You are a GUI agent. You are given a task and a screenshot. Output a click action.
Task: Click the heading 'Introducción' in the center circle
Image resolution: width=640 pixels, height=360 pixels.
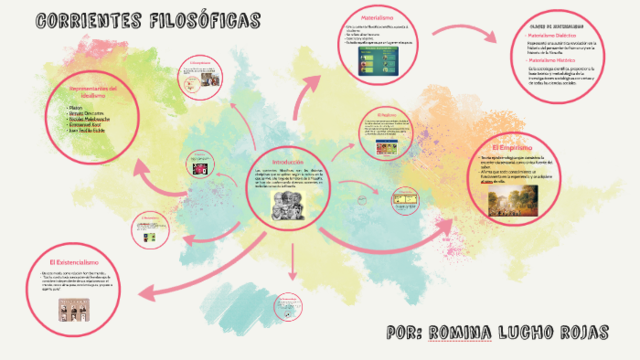tap(294, 161)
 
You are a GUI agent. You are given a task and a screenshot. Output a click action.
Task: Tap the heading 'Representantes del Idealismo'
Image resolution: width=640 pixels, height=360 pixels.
tap(98, 91)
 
